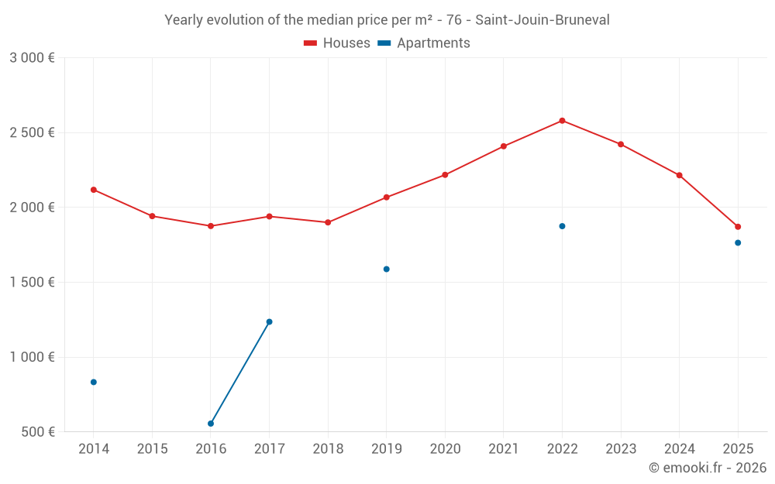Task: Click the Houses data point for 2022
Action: [x=562, y=121]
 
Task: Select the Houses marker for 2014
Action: [x=94, y=190]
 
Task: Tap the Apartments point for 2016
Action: [x=211, y=424]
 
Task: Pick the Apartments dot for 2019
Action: [x=387, y=269]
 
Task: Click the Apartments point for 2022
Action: [x=562, y=226]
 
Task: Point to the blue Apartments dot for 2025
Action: [x=738, y=243]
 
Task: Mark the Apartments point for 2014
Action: [x=94, y=382]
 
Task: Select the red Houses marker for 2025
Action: [x=738, y=227]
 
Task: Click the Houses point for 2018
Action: [x=328, y=222]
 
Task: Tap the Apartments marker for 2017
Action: [x=269, y=321]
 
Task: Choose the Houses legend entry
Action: [x=337, y=43]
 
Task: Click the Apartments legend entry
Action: [x=424, y=43]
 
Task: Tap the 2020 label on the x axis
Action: [x=445, y=449]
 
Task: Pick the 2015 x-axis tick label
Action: [x=152, y=449]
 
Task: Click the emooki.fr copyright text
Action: [x=708, y=468]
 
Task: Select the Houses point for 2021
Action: [x=504, y=146]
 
